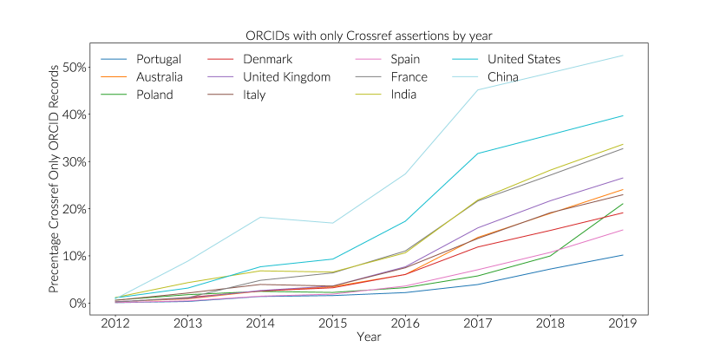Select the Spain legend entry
pyautogui.click(x=405, y=59)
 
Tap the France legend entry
pyautogui.click(x=409, y=77)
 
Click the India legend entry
pyautogui.click(x=403, y=95)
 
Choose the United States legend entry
pyautogui.click(x=523, y=59)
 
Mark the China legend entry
pyautogui.click(x=503, y=77)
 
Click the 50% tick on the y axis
pyautogui.click(x=74, y=68)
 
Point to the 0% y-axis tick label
pyautogui.click(x=77, y=303)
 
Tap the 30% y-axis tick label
pyautogui.click(x=74, y=162)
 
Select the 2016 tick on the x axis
pyautogui.click(x=403, y=324)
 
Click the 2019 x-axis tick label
pyautogui.click(x=623, y=324)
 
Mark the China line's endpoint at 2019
pyautogui.click(x=623, y=56)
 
